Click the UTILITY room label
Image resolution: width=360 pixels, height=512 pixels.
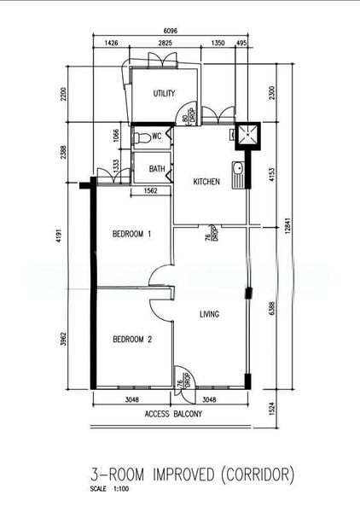[164, 94]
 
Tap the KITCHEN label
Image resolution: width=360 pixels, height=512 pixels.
[206, 182]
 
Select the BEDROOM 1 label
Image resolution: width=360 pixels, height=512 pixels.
[132, 234]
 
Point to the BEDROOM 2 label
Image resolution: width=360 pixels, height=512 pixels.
[132, 340]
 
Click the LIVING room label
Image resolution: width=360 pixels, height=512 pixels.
[209, 314]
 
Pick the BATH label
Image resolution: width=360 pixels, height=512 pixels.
[157, 169]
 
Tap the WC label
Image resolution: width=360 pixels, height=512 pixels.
[157, 137]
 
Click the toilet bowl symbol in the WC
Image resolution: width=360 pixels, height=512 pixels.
[143, 137]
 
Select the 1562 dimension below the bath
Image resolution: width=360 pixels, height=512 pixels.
[149, 192]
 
